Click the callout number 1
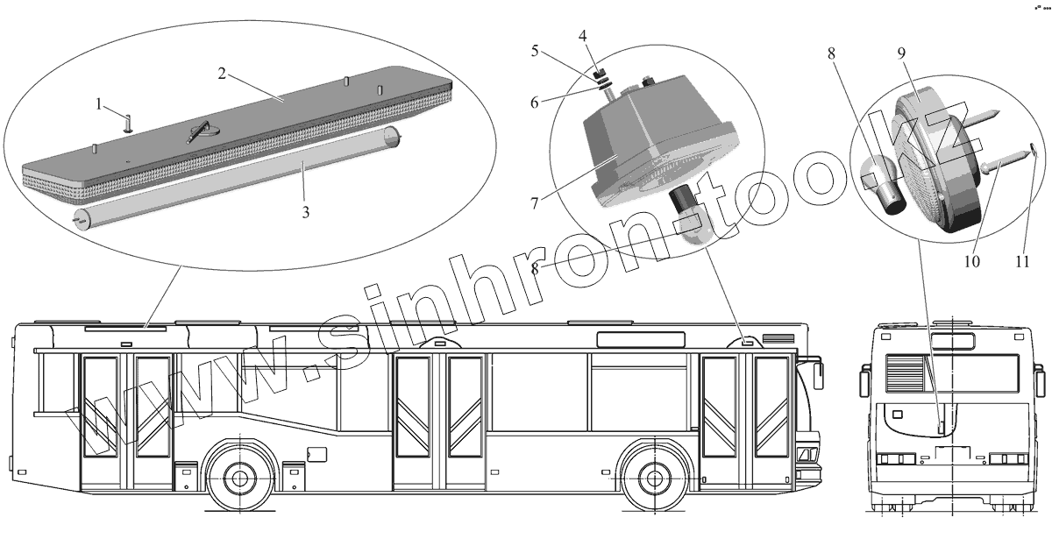[x=98, y=104]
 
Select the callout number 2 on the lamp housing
[x=222, y=74]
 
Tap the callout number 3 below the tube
[x=306, y=213]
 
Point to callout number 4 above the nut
[x=582, y=36]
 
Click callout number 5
[x=535, y=51]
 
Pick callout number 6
[x=535, y=103]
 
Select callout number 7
[x=534, y=203]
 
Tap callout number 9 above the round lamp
[x=901, y=53]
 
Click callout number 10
[x=971, y=261]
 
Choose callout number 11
[x=1022, y=261]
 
